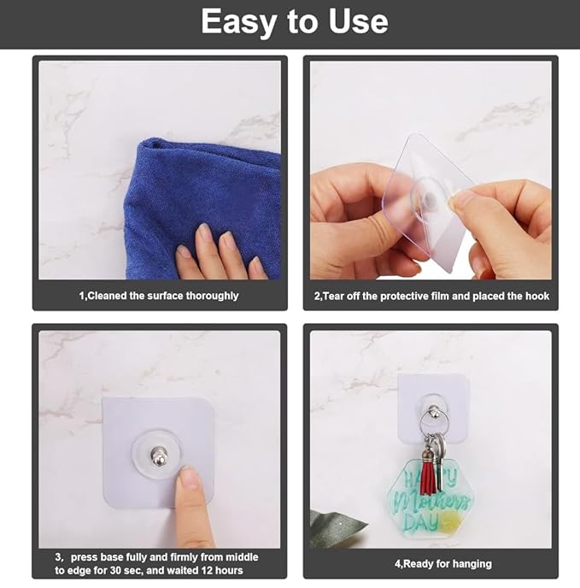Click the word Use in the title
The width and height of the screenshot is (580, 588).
[x=358, y=21]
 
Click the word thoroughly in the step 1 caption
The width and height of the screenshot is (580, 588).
[x=212, y=296]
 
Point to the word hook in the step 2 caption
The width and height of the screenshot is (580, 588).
[x=537, y=296]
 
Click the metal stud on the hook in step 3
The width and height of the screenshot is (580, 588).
[x=158, y=455]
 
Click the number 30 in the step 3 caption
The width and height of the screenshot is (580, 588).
[x=115, y=570]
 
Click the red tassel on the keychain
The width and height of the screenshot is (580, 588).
[x=429, y=473]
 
